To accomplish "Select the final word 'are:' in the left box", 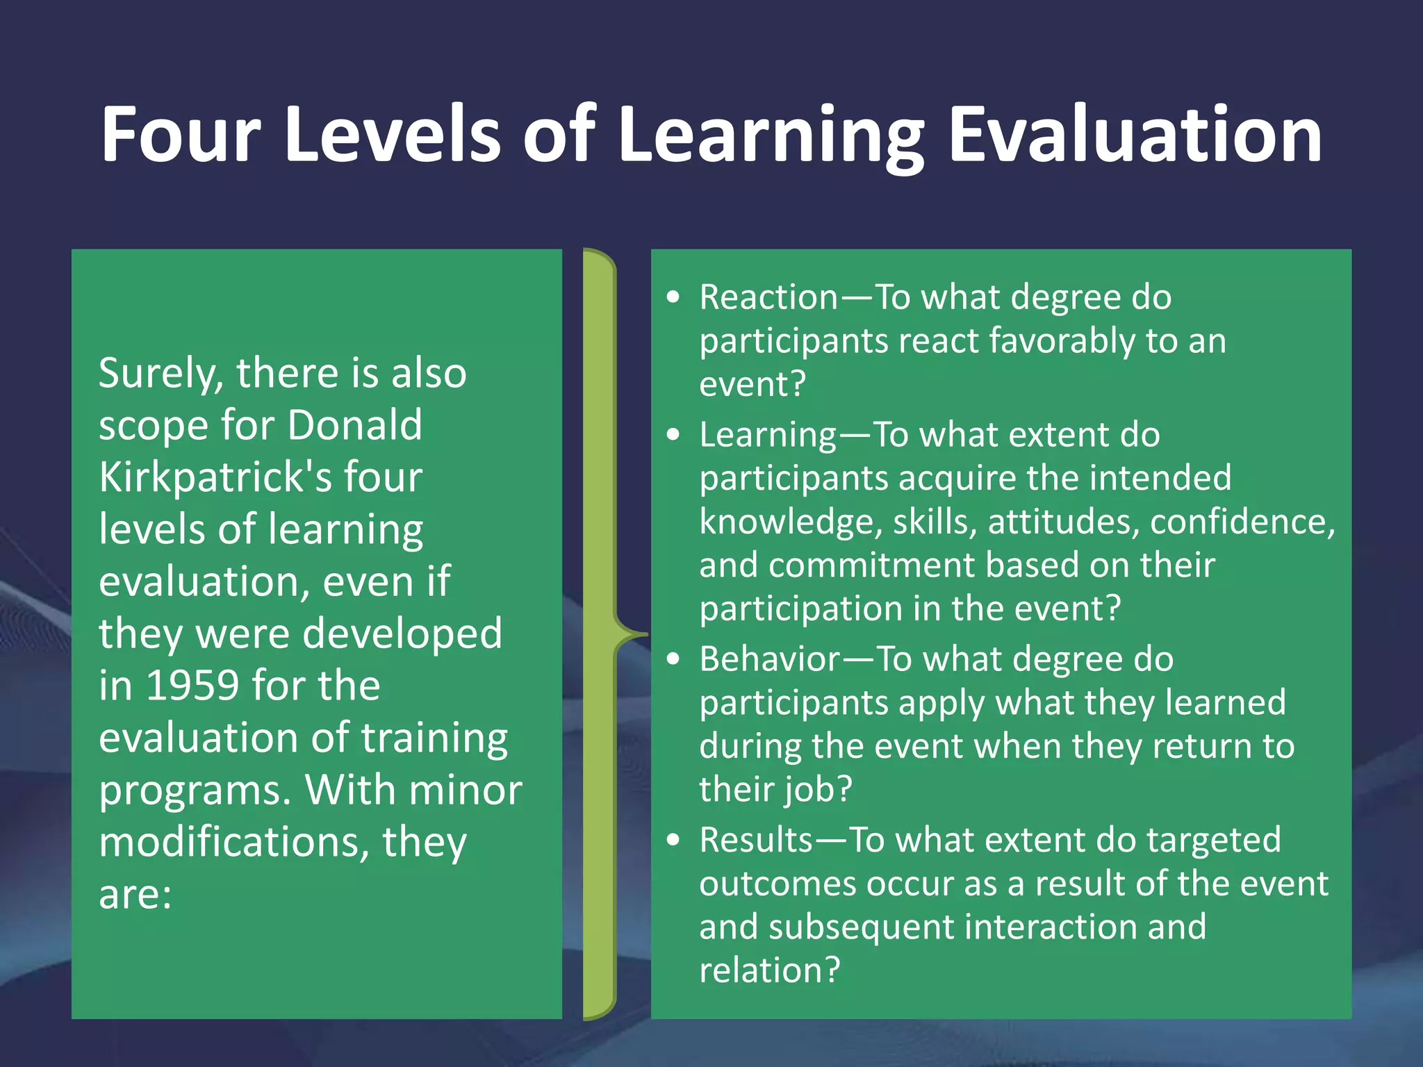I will (135, 895).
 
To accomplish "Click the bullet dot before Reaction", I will (673, 297).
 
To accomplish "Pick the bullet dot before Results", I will (673, 840).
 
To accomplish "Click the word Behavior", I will (769, 659).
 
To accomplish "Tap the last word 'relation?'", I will (769, 970).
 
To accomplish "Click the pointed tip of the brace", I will (645, 634).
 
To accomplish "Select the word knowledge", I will (790, 522).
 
